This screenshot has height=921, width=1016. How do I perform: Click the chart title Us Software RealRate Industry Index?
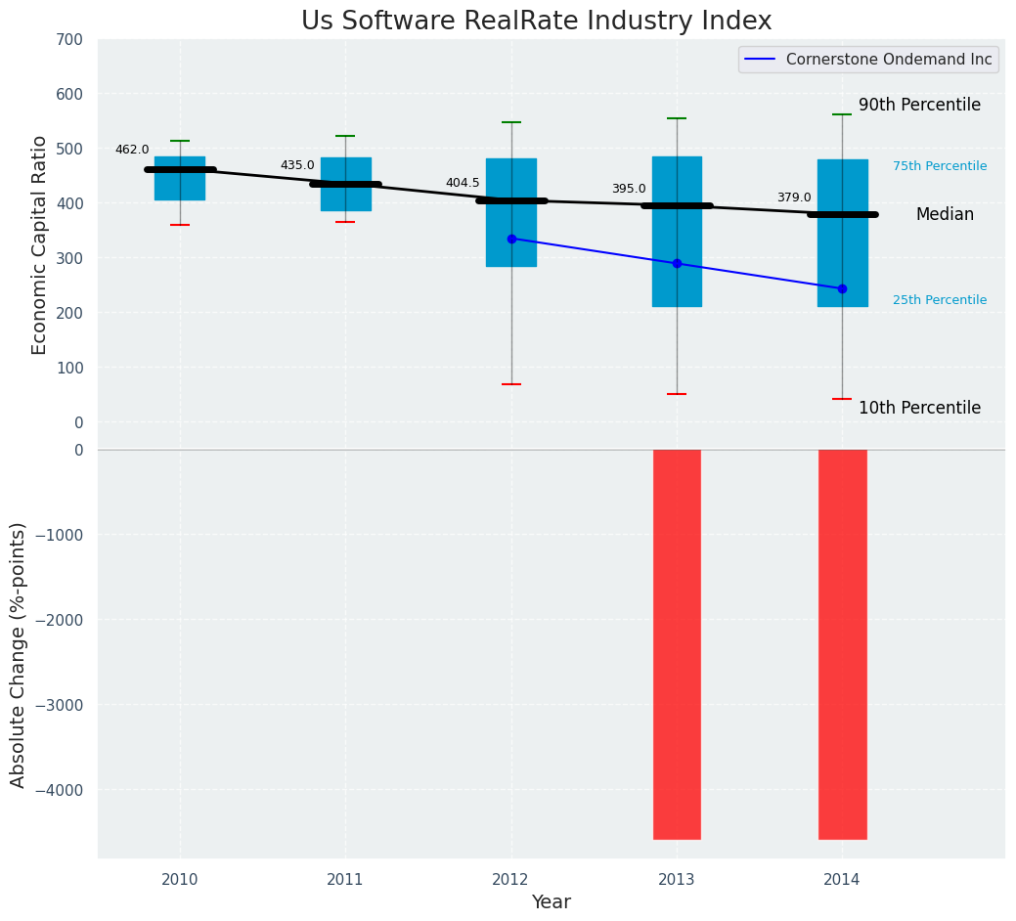click(536, 22)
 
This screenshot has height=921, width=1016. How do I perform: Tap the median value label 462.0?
click(132, 150)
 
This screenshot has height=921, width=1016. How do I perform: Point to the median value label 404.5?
click(463, 183)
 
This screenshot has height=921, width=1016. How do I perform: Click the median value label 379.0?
click(794, 197)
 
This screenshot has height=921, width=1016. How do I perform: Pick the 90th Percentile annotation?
click(919, 105)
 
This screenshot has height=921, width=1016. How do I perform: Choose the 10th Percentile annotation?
click(919, 408)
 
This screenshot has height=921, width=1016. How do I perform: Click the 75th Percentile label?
click(940, 166)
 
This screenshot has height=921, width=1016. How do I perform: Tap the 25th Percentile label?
click(940, 300)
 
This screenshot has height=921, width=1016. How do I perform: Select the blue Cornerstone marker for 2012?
click(511, 239)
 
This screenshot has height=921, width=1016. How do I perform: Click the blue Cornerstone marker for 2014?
click(842, 288)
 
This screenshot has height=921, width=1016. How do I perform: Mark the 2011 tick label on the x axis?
click(345, 880)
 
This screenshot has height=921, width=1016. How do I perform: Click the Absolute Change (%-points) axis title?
click(19, 654)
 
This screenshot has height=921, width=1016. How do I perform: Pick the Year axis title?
click(551, 902)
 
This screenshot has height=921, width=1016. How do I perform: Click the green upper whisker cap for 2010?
click(180, 141)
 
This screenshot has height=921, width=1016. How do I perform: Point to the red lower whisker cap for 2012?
click(511, 384)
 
